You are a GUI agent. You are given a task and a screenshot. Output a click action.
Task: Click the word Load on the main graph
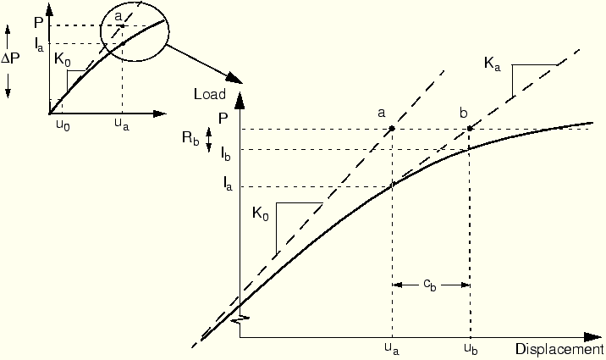pos(210,94)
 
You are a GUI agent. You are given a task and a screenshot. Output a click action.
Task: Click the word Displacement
pos(559,349)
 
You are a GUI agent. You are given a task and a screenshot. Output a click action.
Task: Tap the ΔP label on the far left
pos(10,58)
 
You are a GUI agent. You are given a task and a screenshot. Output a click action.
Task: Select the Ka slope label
pos(492,64)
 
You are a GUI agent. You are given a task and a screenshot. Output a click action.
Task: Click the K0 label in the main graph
pos(260,213)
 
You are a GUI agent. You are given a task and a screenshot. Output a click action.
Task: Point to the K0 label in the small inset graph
pos(63,61)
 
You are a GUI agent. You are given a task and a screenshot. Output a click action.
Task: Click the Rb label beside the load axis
pos(190,138)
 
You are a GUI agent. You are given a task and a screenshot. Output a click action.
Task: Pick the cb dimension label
pos(430,285)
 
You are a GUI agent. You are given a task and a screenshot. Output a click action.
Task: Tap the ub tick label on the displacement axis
pos(471,349)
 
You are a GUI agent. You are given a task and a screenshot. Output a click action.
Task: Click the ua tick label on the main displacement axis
pos(392,349)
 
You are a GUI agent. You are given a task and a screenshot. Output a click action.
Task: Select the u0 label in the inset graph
pos(63,125)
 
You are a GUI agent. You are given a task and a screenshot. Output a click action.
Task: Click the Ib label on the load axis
pos(226,154)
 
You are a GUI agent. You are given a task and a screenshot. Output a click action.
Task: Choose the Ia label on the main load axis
pos(228,184)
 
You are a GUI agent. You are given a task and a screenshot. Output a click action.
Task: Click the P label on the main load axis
pos(223,119)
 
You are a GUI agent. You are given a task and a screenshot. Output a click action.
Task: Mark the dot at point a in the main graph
pos(392,129)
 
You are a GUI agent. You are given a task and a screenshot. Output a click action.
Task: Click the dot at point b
pos(470,129)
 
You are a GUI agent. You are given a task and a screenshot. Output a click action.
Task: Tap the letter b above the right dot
pos(464,113)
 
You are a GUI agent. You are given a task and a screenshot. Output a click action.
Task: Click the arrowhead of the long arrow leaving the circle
pos(234,78)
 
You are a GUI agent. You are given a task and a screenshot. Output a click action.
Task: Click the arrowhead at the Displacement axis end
pos(593,337)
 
